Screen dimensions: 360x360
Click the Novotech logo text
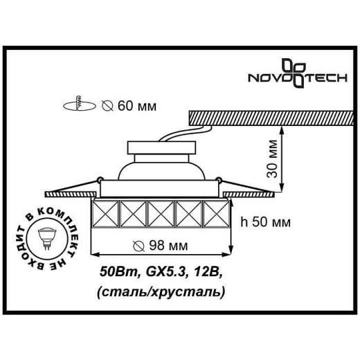tap(276, 80)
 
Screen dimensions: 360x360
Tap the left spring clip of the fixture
tap(87, 185)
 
